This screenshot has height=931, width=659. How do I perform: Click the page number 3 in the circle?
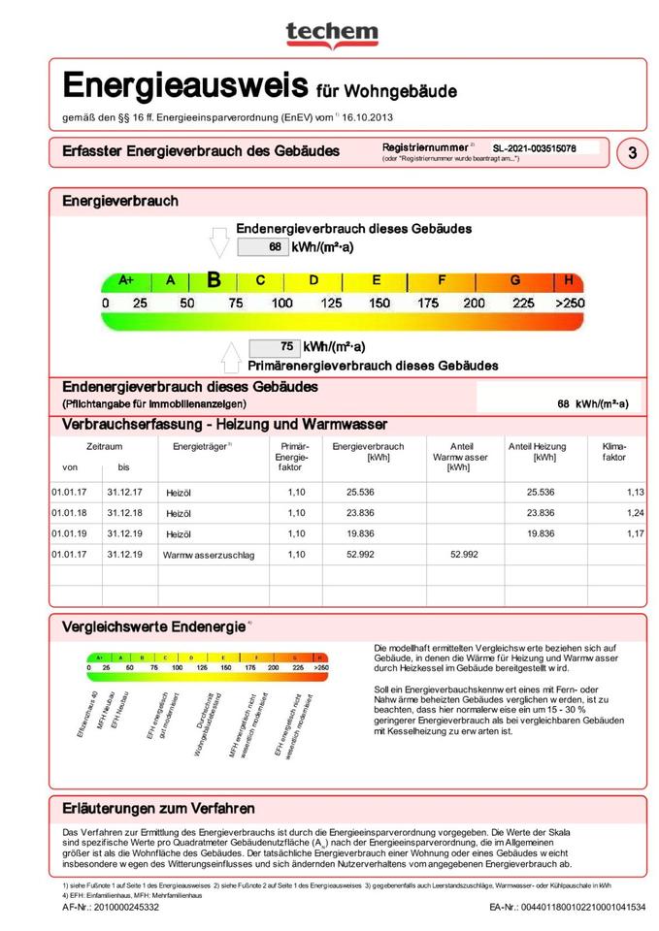coord(633,152)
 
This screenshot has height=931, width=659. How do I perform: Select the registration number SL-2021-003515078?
coord(534,148)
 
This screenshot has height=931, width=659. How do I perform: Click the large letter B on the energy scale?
coord(214,280)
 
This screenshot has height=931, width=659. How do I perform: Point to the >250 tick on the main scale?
coord(571,304)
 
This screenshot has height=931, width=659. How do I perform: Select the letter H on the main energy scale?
coord(570,280)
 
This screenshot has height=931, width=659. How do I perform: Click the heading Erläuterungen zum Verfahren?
coord(158,808)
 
